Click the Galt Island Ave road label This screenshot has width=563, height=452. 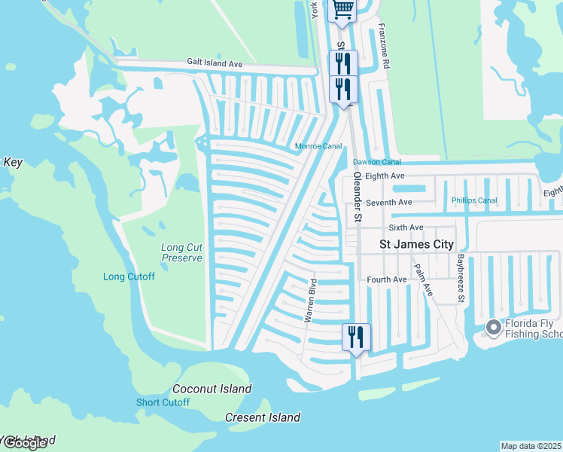(215, 64)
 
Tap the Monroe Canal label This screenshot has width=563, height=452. (318, 147)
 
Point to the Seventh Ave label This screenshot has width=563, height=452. (388, 202)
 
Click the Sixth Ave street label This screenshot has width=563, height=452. (406, 227)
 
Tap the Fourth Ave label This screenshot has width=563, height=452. (387, 279)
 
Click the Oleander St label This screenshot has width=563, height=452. (358, 196)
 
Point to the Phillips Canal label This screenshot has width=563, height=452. (474, 200)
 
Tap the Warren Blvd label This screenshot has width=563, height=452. (310, 301)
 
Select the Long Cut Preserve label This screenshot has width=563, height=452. (181, 252)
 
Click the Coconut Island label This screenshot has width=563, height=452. (212, 389)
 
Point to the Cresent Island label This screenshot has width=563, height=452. (263, 417)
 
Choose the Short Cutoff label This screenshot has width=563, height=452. (163, 402)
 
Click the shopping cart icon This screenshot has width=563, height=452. (342, 10)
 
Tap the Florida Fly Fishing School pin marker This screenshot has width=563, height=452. (494, 327)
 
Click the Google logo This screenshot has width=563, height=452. (24, 443)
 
